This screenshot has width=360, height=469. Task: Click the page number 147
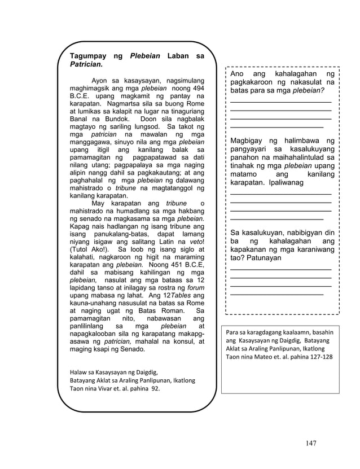(310, 442)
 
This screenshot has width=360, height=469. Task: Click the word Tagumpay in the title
(87, 56)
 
